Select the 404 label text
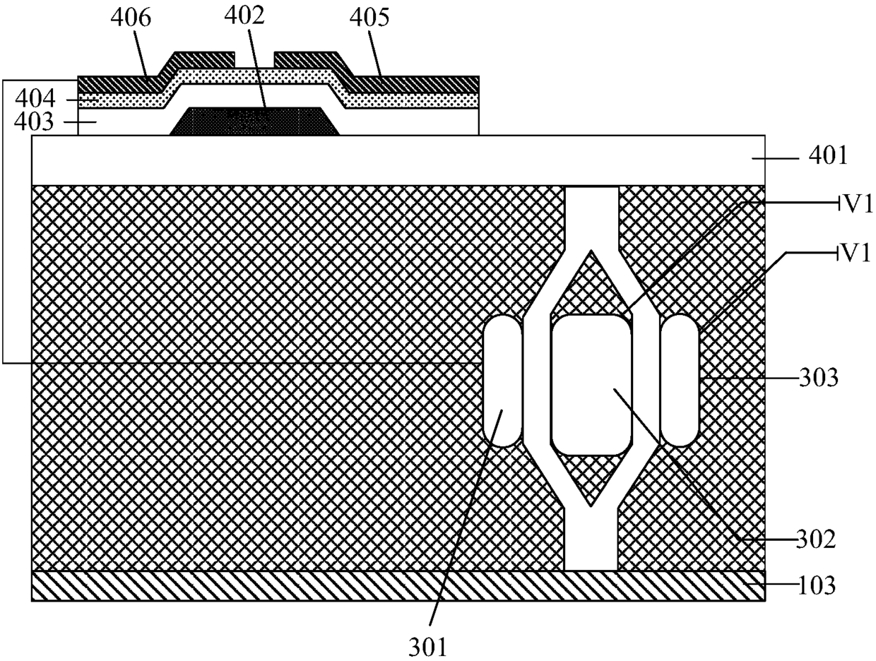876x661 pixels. coord(35,98)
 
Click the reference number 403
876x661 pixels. coord(35,123)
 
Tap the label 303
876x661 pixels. coord(819,379)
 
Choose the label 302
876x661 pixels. coord(817,540)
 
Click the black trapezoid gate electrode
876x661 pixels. coord(256,121)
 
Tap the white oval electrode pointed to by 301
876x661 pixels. coord(502,381)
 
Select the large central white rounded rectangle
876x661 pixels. coord(591,385)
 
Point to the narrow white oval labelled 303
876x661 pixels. coord(679,381)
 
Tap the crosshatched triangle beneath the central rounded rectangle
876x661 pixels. coord(591,477)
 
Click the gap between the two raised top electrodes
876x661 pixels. coord(254,61)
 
